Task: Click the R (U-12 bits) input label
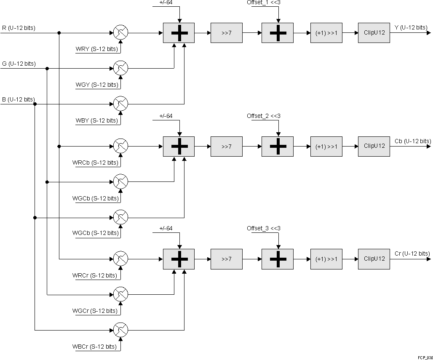click(19, 28)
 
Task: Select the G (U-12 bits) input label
click(19, 64)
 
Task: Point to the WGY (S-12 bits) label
click(97, 85)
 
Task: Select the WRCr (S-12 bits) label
click(95, 276)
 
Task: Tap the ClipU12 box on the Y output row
click(374, 33)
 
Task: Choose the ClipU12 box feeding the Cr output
click(374, 259)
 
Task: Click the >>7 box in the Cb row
click(227, 147)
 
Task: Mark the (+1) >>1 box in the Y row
click(326, 33)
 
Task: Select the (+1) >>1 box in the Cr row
click(326, 259)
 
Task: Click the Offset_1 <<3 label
click(264, 3)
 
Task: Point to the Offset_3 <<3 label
click(264, 228)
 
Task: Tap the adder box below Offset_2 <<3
click(278, 147)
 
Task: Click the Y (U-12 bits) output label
click(410, 28)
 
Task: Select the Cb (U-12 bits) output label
click(413, 141)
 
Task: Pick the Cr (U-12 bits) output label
click(412, 253)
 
